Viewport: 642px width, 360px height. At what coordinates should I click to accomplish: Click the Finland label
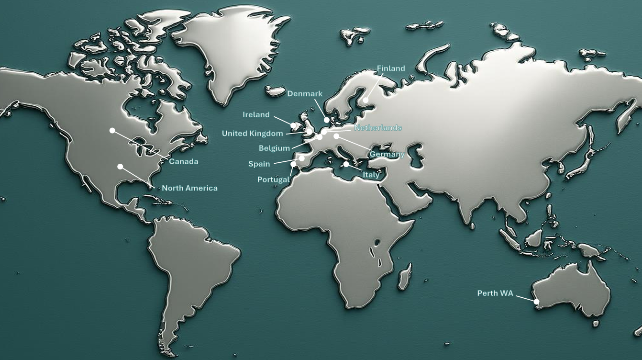click(x=391, y=68)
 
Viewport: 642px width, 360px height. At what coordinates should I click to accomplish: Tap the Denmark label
click(x=305, y=94)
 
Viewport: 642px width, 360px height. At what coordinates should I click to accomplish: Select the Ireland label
click(x=256, y=115)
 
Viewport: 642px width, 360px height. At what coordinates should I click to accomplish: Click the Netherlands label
click(x=378, y=128)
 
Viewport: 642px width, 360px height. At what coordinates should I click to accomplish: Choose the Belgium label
click(x=274, y=148)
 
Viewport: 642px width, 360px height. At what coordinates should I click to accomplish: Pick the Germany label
click(x=387, y=155)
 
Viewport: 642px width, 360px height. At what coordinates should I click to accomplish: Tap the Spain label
click(x=259, y=164)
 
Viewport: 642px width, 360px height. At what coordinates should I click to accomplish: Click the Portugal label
click(x=273, y=180)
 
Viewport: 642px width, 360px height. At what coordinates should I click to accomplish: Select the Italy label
click(x=371, y=175)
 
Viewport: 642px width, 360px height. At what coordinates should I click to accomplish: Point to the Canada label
click(x=184, y=162)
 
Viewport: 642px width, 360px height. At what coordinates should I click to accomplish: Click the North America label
click(x=189, y=188)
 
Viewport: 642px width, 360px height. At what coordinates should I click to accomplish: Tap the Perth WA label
click(x=495, y=293)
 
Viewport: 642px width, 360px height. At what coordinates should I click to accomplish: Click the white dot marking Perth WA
click(x=537, y=302)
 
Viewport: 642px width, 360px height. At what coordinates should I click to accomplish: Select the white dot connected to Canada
click(x=112, y=130)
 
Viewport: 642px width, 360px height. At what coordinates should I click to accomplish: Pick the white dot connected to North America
click(x=120, y=167)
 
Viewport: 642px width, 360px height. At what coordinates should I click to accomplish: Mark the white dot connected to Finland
click(x=365, y=101)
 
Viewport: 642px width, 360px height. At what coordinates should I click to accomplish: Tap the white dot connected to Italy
click(x=346, y=164)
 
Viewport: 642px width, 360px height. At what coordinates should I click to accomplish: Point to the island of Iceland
click(x=275, y=91)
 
